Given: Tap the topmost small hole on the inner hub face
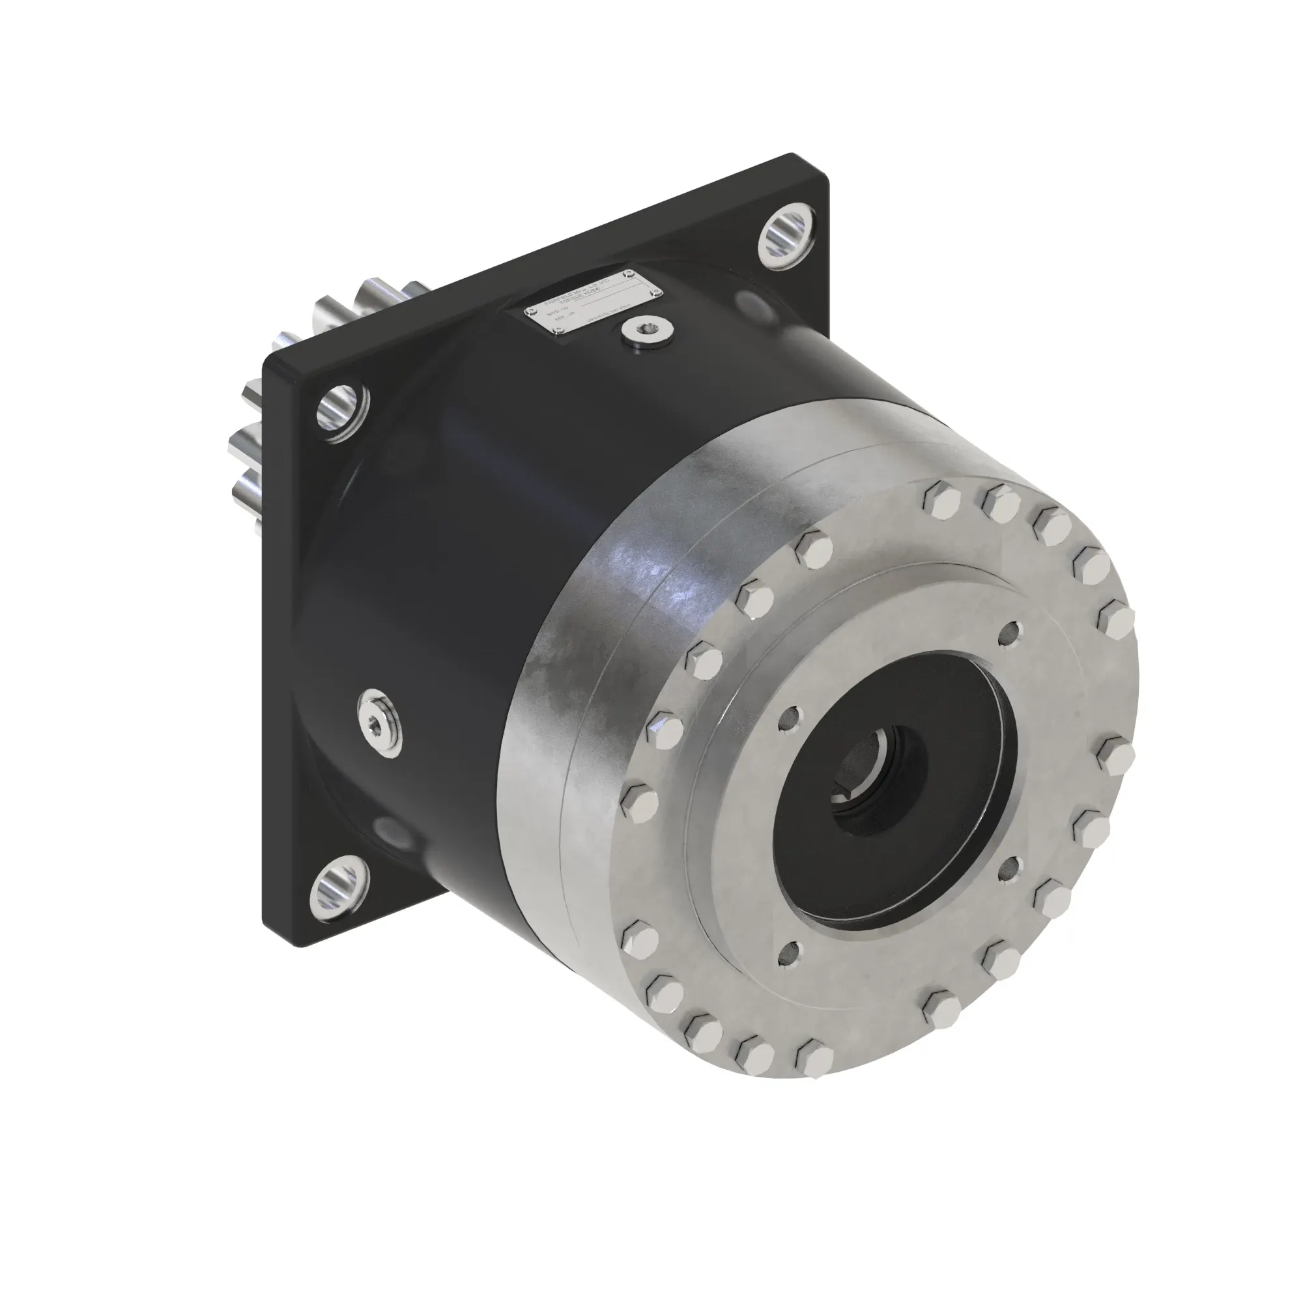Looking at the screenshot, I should (x=1010, y=632).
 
